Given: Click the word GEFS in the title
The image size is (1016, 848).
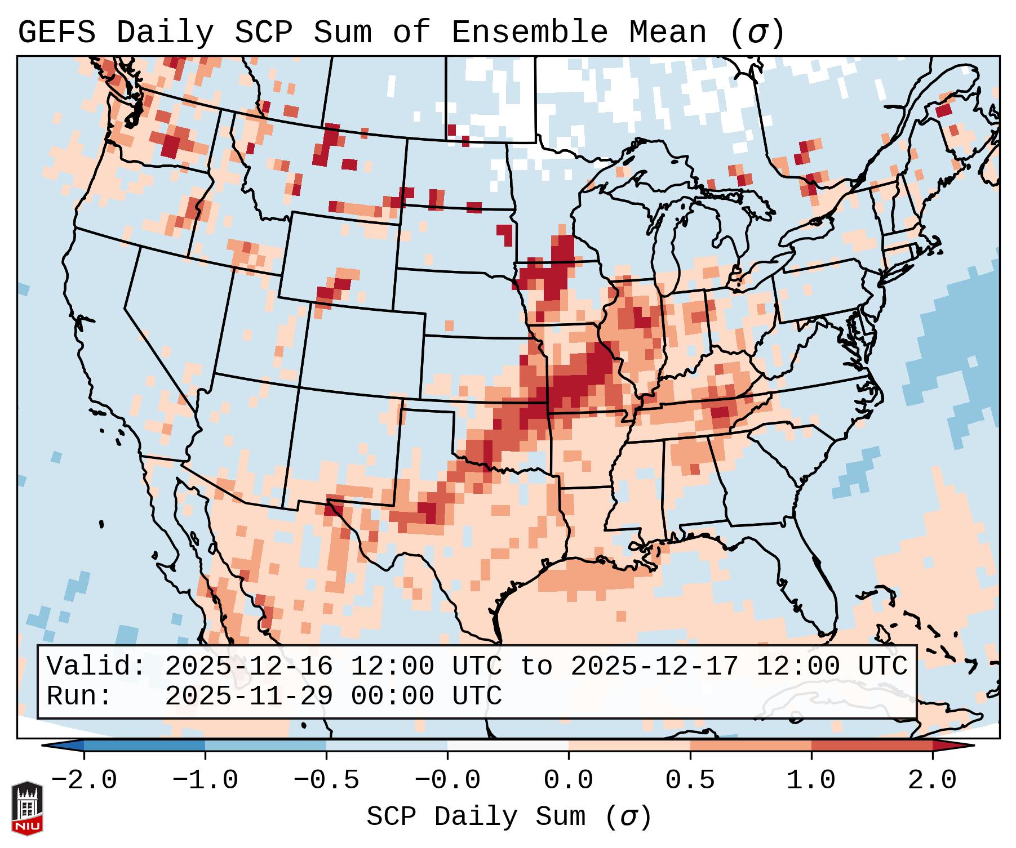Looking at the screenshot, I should click(56, 32).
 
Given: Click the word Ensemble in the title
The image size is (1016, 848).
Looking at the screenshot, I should click(529, 32).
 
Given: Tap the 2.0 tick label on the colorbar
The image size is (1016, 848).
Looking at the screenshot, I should click(932, 780).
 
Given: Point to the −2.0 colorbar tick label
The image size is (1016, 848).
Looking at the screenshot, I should click(84, 780).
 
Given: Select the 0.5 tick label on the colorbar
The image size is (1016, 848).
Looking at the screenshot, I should click(690, 780).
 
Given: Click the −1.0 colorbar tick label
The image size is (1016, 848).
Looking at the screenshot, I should click(205, 780).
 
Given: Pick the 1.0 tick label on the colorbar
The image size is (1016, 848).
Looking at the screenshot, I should click(811, 780).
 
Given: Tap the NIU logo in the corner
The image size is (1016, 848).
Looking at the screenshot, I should click(27, 808).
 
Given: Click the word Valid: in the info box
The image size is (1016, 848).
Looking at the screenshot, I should click(96, 666).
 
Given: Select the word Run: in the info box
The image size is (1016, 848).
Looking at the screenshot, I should click(79, 696).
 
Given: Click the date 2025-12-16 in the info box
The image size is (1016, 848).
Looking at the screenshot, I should click(249, 666).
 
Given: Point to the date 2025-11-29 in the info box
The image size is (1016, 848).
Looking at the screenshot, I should click(249, 696).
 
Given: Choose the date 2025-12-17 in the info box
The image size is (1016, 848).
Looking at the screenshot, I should click(654, 666).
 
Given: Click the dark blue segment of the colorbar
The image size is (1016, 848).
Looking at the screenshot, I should click(144, 746).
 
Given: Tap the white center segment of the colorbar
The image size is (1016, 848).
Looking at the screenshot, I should click(508, 746).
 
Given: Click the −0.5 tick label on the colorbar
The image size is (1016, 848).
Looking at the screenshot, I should click(326, 780).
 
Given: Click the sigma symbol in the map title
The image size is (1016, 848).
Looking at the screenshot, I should click(756, 32).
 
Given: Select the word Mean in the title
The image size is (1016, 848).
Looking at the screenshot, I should click(667, 32).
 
